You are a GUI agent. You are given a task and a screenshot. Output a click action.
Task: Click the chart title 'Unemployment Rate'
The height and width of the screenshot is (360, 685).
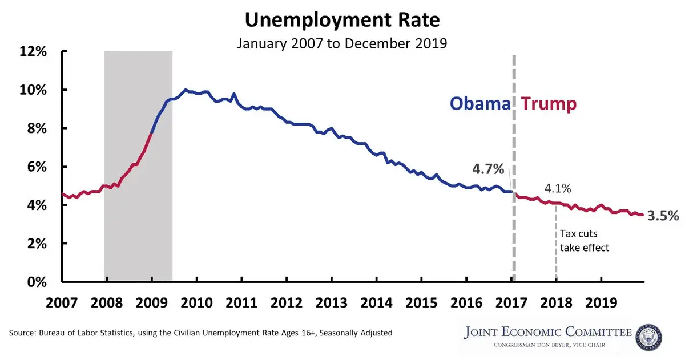[x=342, y=21]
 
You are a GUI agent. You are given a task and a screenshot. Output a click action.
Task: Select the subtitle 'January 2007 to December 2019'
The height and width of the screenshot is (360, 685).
[x=342, y=43]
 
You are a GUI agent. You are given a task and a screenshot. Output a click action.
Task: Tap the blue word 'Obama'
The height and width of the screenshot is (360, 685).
[x=479, y=104]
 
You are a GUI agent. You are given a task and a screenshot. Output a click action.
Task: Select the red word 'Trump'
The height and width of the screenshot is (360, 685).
[x=549, y=104]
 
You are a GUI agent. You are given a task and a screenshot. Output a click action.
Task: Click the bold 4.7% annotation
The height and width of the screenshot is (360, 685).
[x=488, y=169]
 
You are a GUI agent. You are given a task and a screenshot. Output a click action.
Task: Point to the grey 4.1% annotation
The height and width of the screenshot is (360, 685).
[x=557, y=188]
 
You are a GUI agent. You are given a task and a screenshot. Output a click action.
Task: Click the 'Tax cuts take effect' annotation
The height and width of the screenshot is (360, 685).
[x=584, y=241]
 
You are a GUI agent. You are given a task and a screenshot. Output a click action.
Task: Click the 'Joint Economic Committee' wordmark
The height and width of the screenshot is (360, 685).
[x=549, y=332]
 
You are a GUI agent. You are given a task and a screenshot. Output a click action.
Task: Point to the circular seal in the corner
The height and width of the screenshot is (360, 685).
[x=648, y=337]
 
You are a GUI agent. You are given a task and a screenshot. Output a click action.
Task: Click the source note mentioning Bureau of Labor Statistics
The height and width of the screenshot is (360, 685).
[x=201, y=332]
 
